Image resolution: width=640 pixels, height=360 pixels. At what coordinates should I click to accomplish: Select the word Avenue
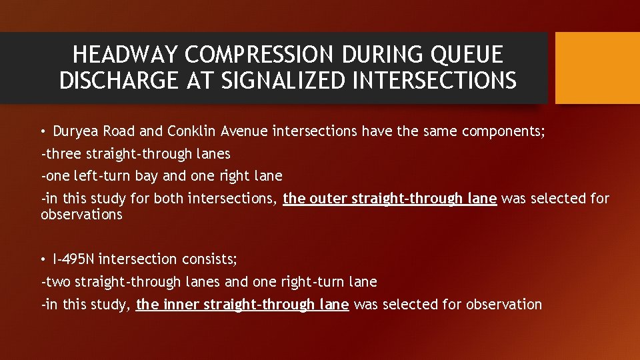244,131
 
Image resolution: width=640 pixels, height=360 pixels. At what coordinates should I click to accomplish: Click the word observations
81,215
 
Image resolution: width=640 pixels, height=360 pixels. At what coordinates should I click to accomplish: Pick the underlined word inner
181,305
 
